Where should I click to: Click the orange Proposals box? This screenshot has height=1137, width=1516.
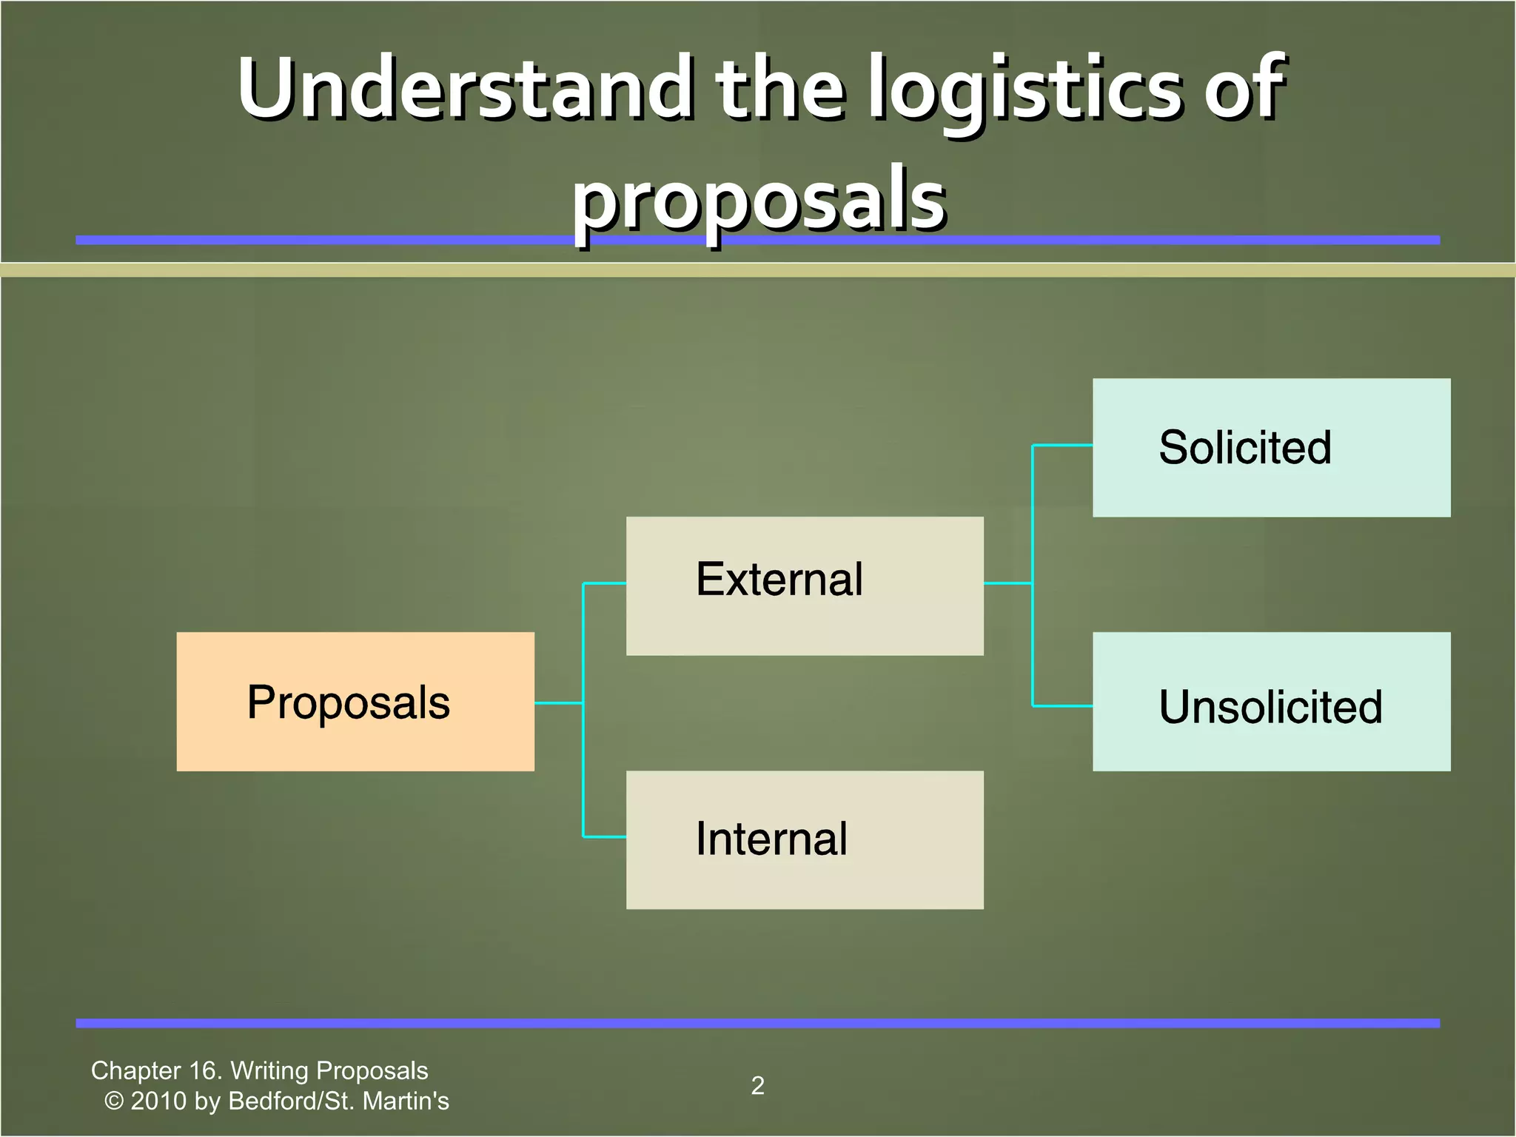click(x=355, y=702)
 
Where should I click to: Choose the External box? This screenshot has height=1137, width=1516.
click(x=805, y=586)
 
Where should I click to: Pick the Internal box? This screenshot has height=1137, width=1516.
click(x=805, y=839)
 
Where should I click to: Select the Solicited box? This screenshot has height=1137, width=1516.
click(x=1271, y=447)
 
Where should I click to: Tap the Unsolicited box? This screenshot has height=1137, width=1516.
click(x=1271, y=702)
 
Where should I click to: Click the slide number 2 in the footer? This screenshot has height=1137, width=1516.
click(x=757, y=1085)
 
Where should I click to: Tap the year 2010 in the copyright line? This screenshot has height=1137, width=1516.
click(x=158, y=1101)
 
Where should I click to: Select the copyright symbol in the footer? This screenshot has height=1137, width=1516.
click(x=114, y=1101)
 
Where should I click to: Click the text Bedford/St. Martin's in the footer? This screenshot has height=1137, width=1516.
click(x=338, y=1101)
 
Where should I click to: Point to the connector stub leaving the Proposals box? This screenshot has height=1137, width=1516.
click(x=558, y=702)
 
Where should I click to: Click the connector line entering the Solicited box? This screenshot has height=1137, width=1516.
click(x=1063, y=445)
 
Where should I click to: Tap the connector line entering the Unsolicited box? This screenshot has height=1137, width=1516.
click(x=1063, y=706)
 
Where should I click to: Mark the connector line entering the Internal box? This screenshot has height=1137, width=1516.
click(x=605, y=837)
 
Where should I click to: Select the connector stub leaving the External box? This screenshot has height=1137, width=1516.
click(x=1007, y=583)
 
